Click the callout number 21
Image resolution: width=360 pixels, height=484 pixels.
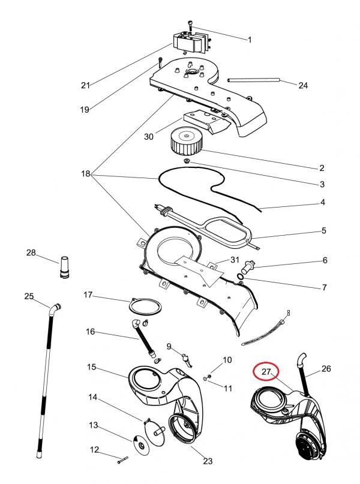pos(85,85)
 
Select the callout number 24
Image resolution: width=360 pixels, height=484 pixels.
pos(303,86)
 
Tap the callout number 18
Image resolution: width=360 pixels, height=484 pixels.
pos(85,174)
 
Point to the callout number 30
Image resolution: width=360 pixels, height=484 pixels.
pos(149,137)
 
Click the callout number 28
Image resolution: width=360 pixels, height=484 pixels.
pos(31,252)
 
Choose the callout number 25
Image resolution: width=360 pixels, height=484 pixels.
pos(29,296)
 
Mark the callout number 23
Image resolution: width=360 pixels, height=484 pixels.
pos(208,461)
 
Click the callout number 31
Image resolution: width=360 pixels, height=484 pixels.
pos(235,259)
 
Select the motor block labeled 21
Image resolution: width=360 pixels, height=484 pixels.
pos(188,42)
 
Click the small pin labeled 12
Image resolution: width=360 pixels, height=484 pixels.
pos(122,459)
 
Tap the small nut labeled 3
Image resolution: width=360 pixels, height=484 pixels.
pos(188,162)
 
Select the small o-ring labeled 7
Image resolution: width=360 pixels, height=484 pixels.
pos(241,275)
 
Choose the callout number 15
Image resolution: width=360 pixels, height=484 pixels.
pos(92,366)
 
